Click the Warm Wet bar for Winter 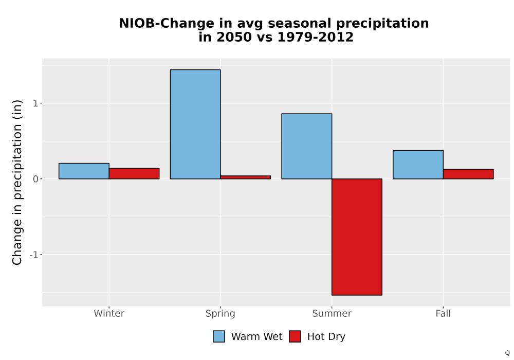(84, 171)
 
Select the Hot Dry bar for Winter (134, 173)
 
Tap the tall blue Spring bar (195, 124)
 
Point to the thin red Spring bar (246, 177)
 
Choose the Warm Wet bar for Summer (307, 146)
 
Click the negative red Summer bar (357, 237)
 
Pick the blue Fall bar (418, 165)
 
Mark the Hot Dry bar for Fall (468, 174)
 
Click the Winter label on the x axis (109, 313)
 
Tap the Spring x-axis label (221, 314)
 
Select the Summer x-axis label (332, 313)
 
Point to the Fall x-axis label (443, 313)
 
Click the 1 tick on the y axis (36, 103)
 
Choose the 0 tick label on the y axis (36, 179)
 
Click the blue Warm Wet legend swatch (219, 336)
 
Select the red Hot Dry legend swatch (295, 336)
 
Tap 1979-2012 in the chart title (316, 37)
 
